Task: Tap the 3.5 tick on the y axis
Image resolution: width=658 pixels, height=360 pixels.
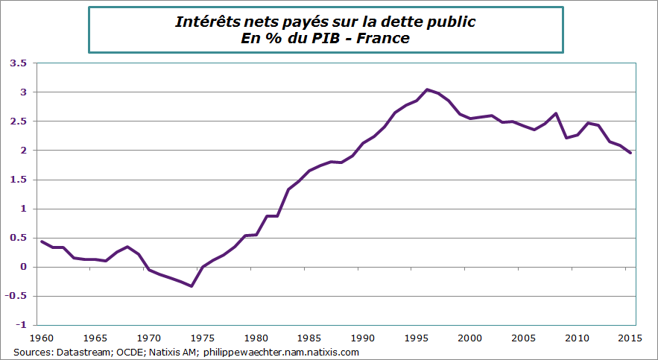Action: click(x=18, y=63)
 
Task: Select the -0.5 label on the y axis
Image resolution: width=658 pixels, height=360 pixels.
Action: click(x=16, y=296)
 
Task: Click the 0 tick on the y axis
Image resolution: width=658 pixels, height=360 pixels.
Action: click(x=24, y=267)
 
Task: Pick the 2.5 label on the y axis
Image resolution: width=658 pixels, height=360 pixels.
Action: click(x=18, y=121)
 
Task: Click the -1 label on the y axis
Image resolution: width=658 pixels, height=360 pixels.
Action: click(x=21, y=325)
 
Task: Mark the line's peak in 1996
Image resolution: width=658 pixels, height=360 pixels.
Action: click(x=427, y=89)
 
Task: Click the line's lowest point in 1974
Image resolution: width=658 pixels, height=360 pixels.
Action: click(x=192, y=286)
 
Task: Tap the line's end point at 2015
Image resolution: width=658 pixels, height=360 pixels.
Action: click(x=630, y=153)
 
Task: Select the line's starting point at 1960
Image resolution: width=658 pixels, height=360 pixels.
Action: click(x=42, y=241)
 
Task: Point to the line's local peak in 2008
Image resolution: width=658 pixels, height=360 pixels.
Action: click(x=556, y=113)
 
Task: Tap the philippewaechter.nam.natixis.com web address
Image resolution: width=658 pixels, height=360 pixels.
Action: click(x=281, y=352)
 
